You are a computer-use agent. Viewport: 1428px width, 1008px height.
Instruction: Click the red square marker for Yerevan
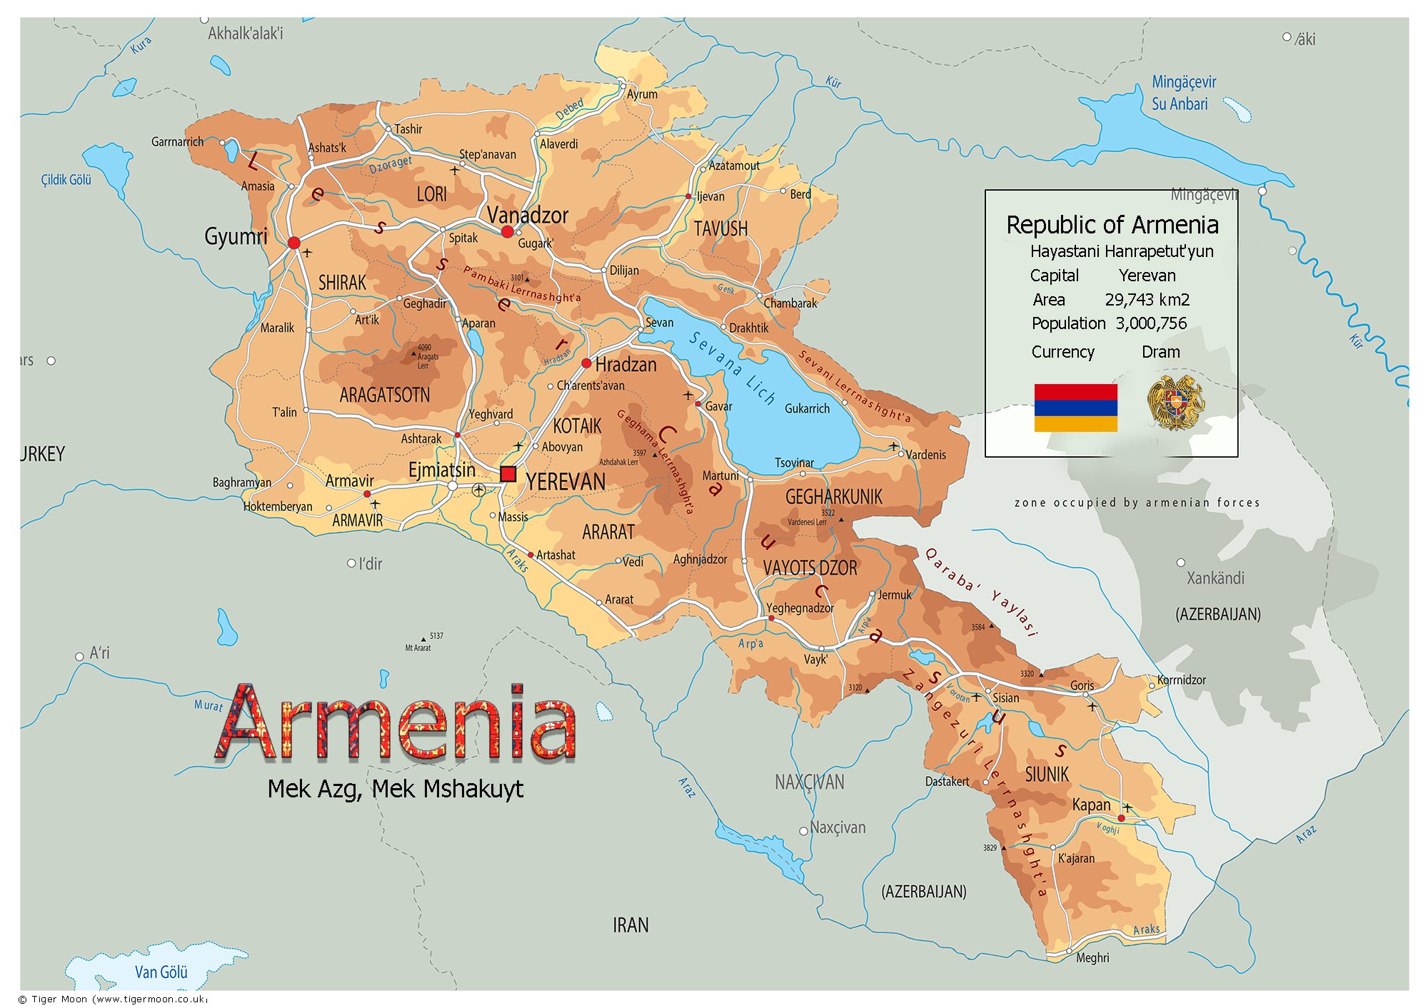pyautogui.click(x=508, y=474)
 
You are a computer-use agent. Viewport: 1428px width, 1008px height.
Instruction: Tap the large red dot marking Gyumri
pyautogui.click(x=293, y=243)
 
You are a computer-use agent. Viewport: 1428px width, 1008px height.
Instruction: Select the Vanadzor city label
pyautogui.click(x=527, y=215)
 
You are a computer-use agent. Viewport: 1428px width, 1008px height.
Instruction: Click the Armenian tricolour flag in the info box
pyautogui.click(x=1075, y=408)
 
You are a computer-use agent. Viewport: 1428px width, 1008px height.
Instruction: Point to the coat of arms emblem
pyautogui.click(x=1175, y=403)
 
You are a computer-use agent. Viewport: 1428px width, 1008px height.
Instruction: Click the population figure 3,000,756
pyautogui.click(x=1151, y=323)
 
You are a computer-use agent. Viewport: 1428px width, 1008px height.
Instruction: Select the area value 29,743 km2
pyautogui.click(x=1147, y=300)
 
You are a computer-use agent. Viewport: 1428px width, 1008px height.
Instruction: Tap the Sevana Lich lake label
pyautogui.click(x=732, y=368)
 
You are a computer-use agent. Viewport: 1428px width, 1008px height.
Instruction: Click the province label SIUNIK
pyautogui.click(x=1047, y=774)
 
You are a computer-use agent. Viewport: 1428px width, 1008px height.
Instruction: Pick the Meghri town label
pyautogui.click(x=1092, y=958)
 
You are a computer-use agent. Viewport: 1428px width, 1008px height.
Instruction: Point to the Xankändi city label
pyautogui.click(x=1215, y=578)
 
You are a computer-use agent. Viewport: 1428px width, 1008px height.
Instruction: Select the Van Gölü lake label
pyautogui.click(x=161, y=972)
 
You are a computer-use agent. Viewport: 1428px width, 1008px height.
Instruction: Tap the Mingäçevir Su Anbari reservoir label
pyautogui.click(x=1183, y=93)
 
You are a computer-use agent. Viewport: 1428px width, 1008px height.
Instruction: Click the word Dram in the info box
pyautogui.click(x=1160, y=352)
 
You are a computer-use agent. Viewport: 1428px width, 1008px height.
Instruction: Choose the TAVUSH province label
pyautogui.click(x=720, y=228)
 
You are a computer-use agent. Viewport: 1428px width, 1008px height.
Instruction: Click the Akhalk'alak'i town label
pyautogui.click(x=246, y=33)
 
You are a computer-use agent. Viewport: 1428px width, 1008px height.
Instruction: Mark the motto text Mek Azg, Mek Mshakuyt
pyautogui.click(x=395, y=789)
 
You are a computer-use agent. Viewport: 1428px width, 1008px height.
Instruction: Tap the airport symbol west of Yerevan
pyautogui.click(x=478, y=489)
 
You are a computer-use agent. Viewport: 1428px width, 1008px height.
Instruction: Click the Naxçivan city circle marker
pyautogui.click(x=803, y=831)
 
